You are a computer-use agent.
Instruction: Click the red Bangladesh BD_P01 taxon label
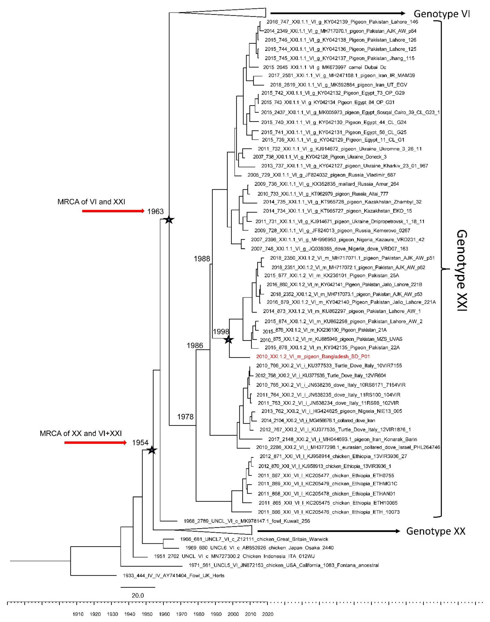pos(313,356)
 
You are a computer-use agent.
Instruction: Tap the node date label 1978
pos(185,417)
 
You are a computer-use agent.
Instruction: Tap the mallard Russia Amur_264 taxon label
pos(327,184)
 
